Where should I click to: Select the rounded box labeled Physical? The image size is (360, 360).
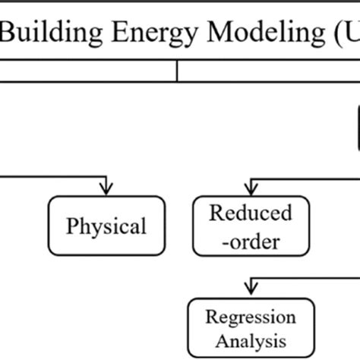click(106, 226)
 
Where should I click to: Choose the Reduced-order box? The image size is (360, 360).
click(250, 226)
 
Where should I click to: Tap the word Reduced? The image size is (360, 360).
click(250, 213)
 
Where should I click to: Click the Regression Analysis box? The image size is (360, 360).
click(251, 327)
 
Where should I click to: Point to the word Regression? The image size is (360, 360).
click(251, 317)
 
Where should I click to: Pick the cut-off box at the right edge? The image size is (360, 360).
click(356, 125)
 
